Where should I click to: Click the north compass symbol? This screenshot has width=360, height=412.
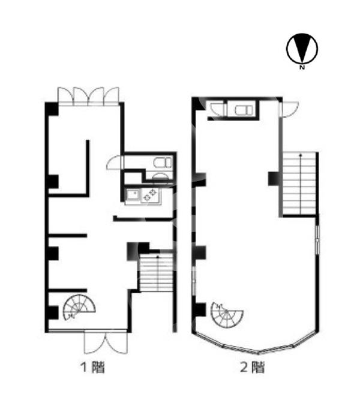click(x=302, y=49)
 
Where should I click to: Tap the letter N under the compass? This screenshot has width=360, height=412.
click(x=302, y=67)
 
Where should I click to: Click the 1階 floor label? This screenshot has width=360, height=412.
click(x=92, y=368)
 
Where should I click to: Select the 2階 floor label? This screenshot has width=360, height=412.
click(x=252, y=368)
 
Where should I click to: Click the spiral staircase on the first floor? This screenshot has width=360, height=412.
click(x=79, y=307)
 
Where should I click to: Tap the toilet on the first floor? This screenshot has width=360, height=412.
click(x=163, y=163)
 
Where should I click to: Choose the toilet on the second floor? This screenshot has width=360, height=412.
click(x=244, y=110)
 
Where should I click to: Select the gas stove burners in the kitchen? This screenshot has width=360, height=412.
click(x=149, y=195)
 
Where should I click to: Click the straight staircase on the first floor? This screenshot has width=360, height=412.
click(x=156, y=272)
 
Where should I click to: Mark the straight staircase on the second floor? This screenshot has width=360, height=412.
click(x=299, y=184)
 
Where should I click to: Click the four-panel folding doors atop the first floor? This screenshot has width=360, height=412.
click(x=88, y=97)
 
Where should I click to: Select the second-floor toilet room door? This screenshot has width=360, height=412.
click(x=218, y=109)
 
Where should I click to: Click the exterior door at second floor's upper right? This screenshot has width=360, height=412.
click(x=289, y=109)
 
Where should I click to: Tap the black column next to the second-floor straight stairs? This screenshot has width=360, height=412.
click(x=274, y=179)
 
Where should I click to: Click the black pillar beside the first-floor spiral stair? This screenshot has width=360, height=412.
click(x=53, y=312)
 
